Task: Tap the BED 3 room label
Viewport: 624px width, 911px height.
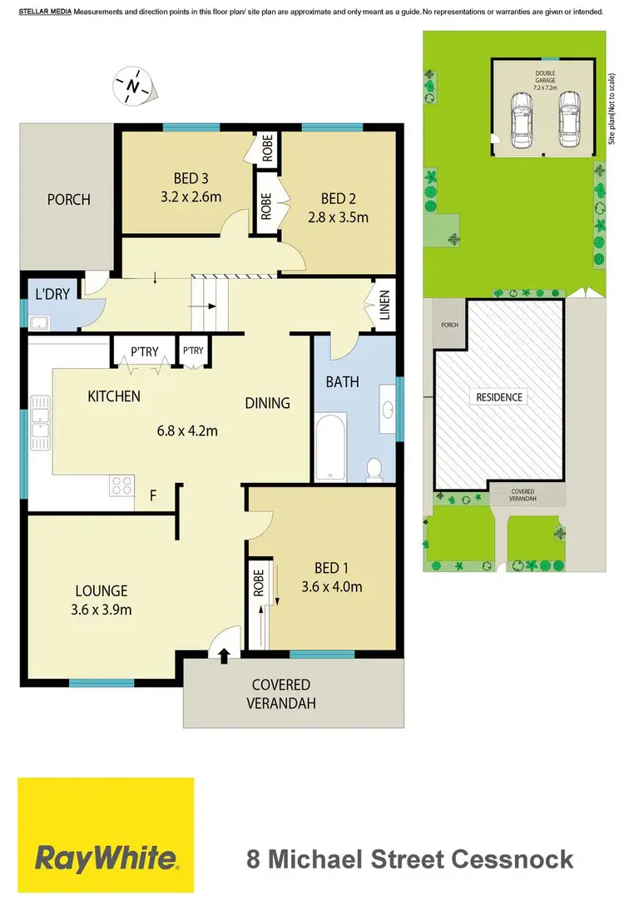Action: pyautogui.click(x=191, y=177)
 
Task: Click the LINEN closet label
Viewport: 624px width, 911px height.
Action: pyautogui.click(x=384, y=304)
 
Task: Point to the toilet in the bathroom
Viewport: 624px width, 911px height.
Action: pyautogui.click(x=374, y=470)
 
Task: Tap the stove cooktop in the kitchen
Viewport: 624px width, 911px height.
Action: pyautogui.click(x=121, y=485)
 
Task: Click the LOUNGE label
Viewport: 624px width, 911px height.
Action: pyautogui.click(x=99, y=590)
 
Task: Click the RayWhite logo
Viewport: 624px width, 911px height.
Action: pyautogui.click(x=106, y=857)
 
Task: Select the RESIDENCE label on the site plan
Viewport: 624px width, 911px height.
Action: pyautogui.click(x=499, y=397)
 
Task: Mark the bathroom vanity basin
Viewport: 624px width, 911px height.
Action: pyautogui.click(x=386, y=408)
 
